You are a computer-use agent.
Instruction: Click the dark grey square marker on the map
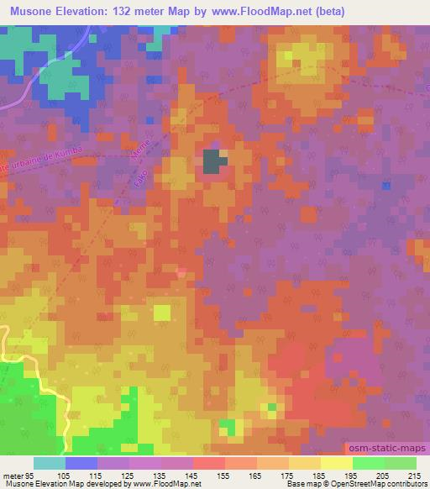[214, 160]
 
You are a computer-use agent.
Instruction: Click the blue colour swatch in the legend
[81, 463]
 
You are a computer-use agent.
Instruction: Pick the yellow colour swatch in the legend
[337, 463]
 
